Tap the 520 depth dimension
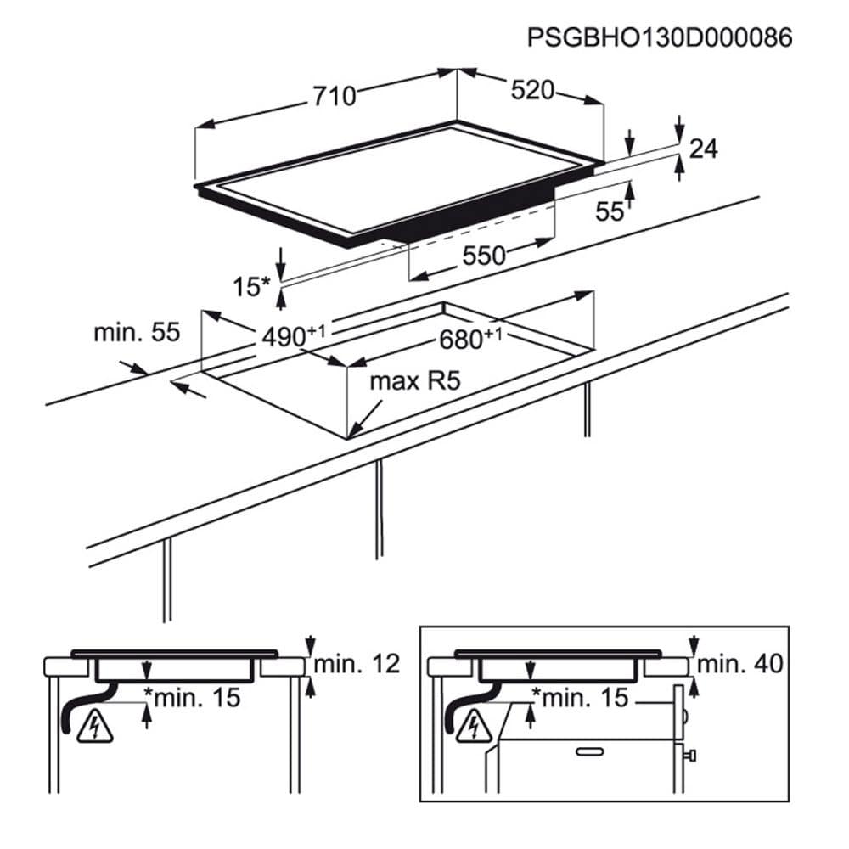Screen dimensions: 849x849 point(532,91)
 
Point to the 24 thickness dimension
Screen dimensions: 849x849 point(703,149)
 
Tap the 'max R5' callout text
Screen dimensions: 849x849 point(414,381)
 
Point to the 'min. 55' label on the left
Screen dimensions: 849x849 point(137,333)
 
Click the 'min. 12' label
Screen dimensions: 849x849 point(357,664)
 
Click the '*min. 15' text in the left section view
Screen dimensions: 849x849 point(192,699)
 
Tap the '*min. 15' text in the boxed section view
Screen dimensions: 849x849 point(580,699)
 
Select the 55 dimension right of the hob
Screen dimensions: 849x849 point(610,212)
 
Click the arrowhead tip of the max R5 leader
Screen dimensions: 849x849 point(351,436)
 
